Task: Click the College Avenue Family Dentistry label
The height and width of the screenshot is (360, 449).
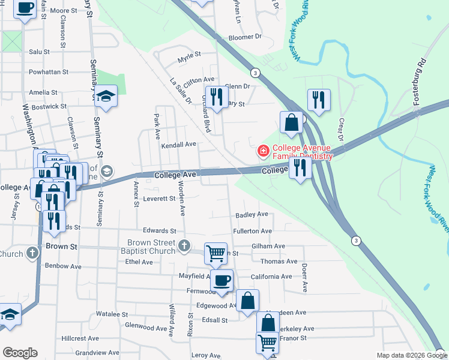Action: coord(302,152)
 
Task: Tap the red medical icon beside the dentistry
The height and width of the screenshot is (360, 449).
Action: coord(262,151)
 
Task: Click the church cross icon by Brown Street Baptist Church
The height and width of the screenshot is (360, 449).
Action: coord(185,245)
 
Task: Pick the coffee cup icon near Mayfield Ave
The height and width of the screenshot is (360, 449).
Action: coord(222,280)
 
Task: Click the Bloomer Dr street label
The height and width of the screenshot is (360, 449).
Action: coord(246,37)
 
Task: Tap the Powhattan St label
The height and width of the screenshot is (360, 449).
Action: coord(47,71)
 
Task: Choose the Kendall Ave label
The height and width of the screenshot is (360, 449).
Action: coord(178,145)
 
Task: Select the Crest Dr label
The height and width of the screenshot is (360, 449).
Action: coord(341,132)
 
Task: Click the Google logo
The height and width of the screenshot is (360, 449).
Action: coord(20,353)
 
